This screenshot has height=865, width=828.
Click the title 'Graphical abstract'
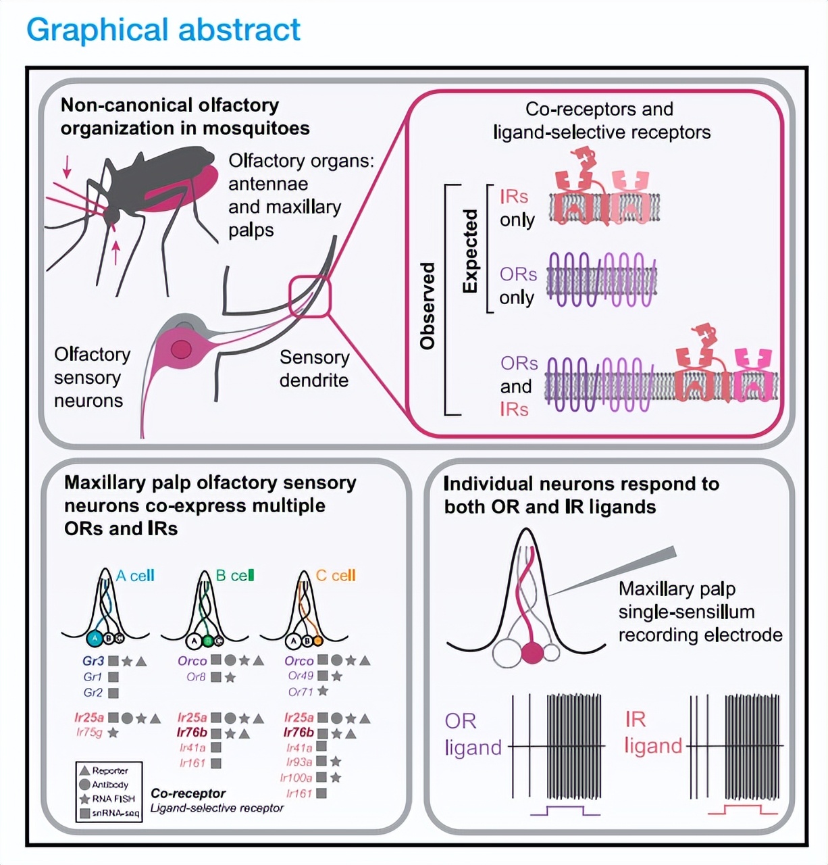click(163, 30)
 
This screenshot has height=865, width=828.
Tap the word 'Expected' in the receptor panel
click(471, 251)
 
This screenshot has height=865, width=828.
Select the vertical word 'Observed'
click(428, 305)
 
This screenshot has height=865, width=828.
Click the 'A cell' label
click(136, 576)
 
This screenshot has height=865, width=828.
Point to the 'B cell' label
click(235, 576)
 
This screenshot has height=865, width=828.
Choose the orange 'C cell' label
click(336, 576)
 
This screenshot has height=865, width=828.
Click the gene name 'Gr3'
click(94, 661)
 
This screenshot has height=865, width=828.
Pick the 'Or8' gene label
click(196, 676)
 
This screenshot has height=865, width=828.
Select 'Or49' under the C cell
click(301, 676)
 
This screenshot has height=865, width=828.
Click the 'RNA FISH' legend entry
click(113, 799)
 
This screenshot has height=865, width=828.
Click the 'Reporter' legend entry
click(110, 770)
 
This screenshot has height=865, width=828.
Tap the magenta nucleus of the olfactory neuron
click(181, 349)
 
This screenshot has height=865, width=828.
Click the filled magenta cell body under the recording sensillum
click(533, 653)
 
